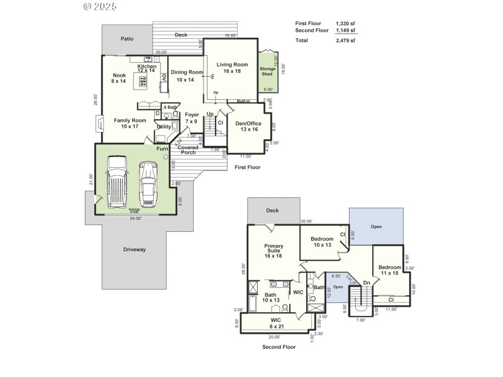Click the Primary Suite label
point(274,251)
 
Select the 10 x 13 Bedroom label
point(322,242)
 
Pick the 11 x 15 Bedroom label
point(389,270)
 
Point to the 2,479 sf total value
point(345,40)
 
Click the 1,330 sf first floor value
point(345,23)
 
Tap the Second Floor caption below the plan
point(279,346)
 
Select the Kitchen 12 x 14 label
point(147,69)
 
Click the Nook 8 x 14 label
point(119,79)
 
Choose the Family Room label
point(130,123)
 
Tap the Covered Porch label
point(188,150)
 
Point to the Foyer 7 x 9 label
point(192,118)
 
